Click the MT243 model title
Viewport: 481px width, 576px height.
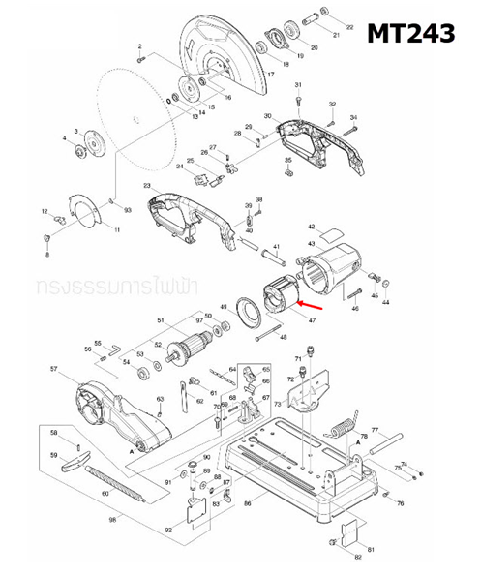[410, 35]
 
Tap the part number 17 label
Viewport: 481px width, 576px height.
[271, 74]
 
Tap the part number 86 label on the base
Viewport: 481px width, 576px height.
[248, 504]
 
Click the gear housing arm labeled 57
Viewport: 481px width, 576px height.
[116, 415]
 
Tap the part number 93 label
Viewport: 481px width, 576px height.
[128, 209]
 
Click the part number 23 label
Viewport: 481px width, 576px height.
[146, 185]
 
